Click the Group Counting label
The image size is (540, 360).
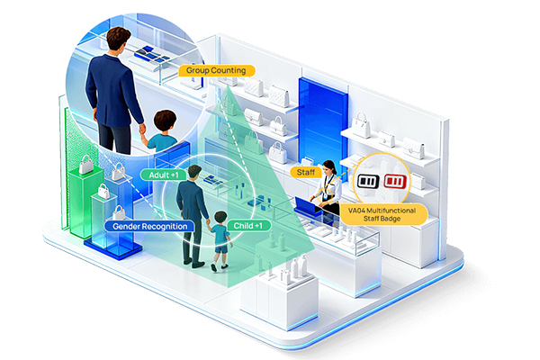[217, 70]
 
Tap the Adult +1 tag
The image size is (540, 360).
[164, 175]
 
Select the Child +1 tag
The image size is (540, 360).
[248, 226]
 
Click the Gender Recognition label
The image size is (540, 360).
[149, 226]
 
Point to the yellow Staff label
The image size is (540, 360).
[306, 172]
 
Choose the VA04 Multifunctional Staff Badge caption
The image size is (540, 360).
[382, 214]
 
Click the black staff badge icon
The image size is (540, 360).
[368, 181]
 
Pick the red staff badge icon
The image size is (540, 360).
[395, 181]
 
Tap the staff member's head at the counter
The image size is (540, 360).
[328, 167]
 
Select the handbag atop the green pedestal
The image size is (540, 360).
[86, 165]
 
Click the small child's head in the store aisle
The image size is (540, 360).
[220, 218]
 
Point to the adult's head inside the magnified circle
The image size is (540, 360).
[118, 39]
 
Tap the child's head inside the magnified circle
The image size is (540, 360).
[165, 121]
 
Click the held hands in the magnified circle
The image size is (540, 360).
[142, 130]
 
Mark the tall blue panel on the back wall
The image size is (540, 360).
[322, 123]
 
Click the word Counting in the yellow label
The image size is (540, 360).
[229, 70]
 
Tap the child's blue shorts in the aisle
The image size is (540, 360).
[220, 248]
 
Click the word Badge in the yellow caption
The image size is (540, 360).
[391, 219]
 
